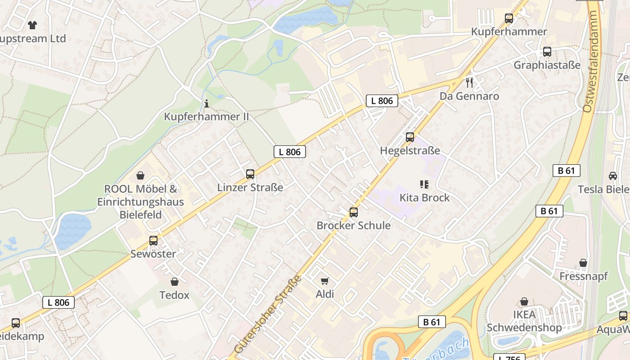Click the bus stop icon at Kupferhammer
tap(509, 18)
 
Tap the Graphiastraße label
tap(547, 65)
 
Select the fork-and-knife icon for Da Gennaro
tap(469, 83)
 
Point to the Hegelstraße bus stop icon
tap(410, 137)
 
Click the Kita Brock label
tap(424, 198)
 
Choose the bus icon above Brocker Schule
tap(354, 212)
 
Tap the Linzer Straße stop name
tap(250, 187)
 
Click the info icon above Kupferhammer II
tap(207, 103)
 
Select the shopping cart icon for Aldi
tap(325, 281)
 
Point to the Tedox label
tap(175, 295)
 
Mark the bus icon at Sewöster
tap(153, 241)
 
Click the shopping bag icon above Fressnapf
tap(583, 263)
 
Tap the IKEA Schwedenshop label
tap(524, 321)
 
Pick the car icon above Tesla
tap(612, 176)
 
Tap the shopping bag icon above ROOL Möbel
tap(140, 175)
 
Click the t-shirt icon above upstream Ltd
tap(32, 25)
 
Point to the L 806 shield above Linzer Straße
tap(290, 152)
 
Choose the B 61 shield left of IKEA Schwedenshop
tap(432, 322)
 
